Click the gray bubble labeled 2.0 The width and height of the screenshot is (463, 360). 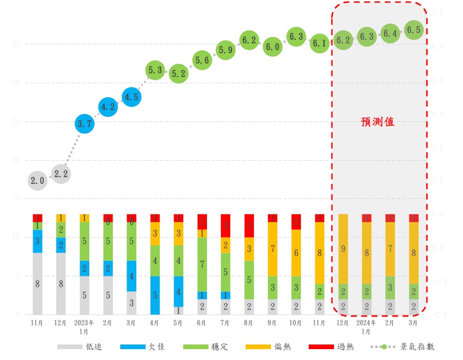click(x=38, y=181)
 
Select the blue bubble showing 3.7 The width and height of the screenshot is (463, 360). click(x=85, y=124)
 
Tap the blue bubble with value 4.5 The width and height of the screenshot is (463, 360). click(x=131, y=97)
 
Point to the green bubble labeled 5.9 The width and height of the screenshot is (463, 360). click(x=226, y=50)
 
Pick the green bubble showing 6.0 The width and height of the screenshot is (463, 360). click(x=272, y=46)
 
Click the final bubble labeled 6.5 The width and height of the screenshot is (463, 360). click(x=413, y=30)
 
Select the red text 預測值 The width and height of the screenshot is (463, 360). click(x=377, y=122)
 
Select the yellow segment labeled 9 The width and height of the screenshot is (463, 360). click(x=343, y=248)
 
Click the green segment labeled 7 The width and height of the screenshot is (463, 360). click(x=202, y=264)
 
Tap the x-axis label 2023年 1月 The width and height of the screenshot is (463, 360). click(x=85, y=327)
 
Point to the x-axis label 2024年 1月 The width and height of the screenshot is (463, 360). click(x=366, y=327)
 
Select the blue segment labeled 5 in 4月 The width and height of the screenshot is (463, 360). click(x=155, y=295)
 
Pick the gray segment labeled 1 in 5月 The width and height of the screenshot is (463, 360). click(x=178, y=310)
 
